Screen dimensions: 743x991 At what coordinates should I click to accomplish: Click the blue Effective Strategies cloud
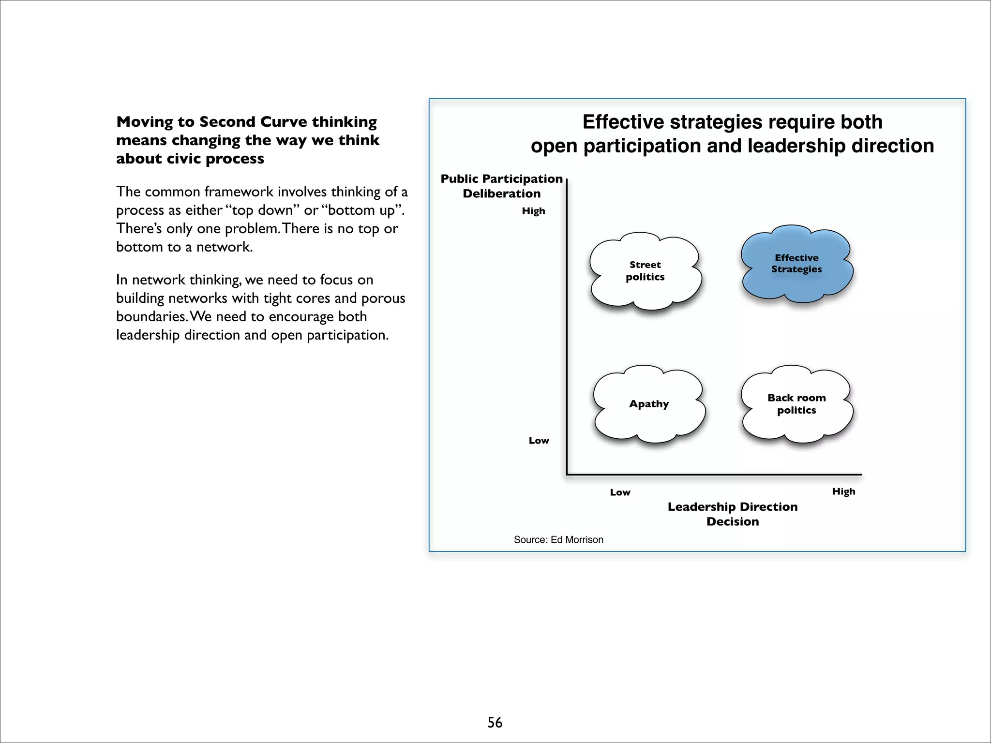[796, 264]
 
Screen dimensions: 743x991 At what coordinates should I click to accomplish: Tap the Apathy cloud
[649, 404]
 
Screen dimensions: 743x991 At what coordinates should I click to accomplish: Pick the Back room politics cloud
[796, 404]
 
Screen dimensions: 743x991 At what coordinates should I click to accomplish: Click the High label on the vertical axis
[533, 211]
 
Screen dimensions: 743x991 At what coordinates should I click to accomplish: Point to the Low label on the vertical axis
[539, 441]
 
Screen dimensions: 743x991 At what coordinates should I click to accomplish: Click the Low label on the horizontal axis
[620, 492]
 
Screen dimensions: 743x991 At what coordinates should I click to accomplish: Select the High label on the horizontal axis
[843, 491]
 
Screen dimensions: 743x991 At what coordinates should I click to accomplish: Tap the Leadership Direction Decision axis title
[733, 514]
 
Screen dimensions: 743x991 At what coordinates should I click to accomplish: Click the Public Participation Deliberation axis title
[501, 186]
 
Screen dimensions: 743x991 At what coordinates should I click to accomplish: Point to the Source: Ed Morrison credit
[558, 540]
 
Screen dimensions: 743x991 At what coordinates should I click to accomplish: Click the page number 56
[495, 722]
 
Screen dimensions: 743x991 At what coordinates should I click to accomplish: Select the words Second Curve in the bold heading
[253, 122]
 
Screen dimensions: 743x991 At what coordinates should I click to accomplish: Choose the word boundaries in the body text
[151, 317]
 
